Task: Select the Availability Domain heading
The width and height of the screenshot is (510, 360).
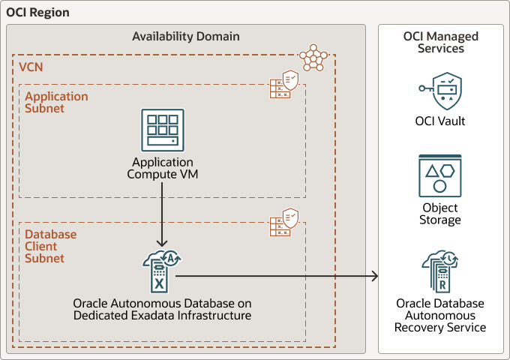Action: [x=186, y=36]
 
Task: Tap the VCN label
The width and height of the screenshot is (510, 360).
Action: [x=31, y=67]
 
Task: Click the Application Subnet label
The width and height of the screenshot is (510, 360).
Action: [x=56, y=102]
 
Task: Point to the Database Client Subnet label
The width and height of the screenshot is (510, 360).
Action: [x=51, y=246]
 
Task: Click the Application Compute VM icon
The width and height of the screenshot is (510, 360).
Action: [x=162, y=130]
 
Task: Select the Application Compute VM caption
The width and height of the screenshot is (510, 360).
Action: [x=162, y=168]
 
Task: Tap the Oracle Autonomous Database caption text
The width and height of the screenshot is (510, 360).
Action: [x=162, y=309]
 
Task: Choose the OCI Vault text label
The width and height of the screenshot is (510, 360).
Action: [x=440, y=121]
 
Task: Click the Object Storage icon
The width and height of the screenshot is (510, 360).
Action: [x=440, y=175]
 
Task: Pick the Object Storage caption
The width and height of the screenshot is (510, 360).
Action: [x=440, y=214]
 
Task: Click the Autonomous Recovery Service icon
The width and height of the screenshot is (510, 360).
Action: [x=440, y=271]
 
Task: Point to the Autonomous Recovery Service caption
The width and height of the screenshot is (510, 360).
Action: [x=440, y=315]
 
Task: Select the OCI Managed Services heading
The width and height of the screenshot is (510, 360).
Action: [x=440, y=42]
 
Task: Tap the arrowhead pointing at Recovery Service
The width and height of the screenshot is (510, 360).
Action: [x=374, y=277]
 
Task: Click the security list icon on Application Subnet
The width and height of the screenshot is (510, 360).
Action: [x=285, y=85]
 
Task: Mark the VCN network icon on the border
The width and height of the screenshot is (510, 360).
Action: [x=313, y=58]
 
